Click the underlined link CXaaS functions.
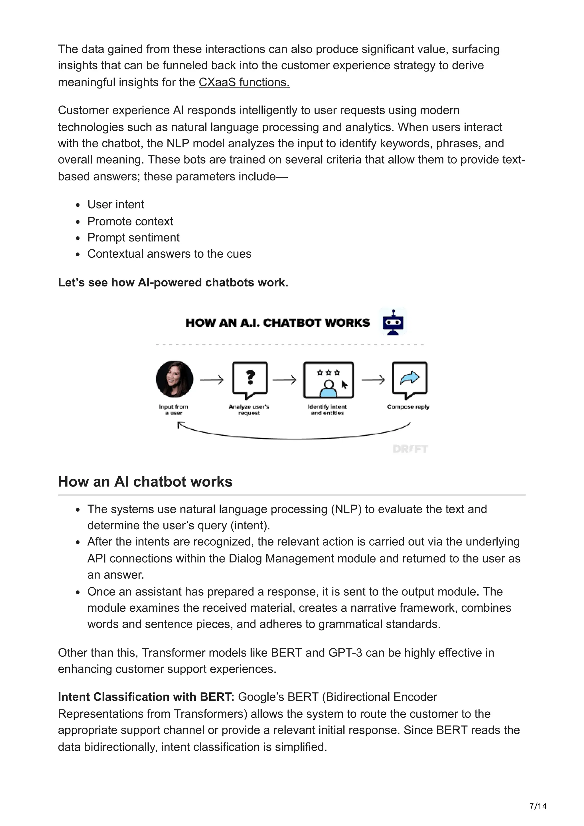(244, 82)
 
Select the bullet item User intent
(115, 204)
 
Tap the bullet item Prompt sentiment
(133, 237)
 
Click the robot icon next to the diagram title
(393, 322)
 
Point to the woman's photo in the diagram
(175, 379)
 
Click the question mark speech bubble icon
(250, 380)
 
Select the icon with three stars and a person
(328, 380)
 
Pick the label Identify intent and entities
(327, 410)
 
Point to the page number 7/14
(538, 806)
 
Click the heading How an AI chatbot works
(145, 481)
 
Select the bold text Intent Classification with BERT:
(146, 697)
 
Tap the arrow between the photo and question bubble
(212, 380)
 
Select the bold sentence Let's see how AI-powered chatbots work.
(173, 282)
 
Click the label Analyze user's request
(249, 410)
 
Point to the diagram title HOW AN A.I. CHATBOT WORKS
(277, 323)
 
